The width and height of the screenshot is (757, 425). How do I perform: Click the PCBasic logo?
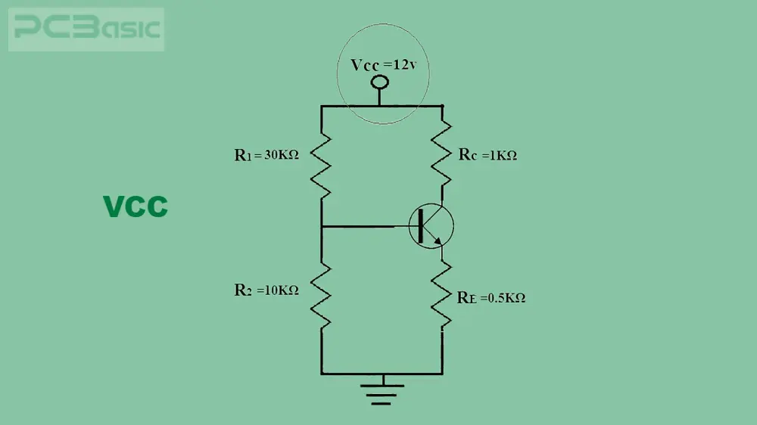(86, 29)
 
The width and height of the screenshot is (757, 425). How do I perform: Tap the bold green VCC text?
(136, 206)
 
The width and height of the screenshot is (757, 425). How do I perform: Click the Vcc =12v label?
(383, 64)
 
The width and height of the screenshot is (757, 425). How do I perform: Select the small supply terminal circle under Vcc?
(379, 82)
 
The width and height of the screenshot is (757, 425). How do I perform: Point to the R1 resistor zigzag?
(320, 166)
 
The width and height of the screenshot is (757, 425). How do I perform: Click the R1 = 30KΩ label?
(266, 155)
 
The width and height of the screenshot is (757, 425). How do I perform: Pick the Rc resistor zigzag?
(441, 154)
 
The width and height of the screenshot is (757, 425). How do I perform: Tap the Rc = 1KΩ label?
(488, 155)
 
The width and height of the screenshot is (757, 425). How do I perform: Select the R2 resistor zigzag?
(320, 296)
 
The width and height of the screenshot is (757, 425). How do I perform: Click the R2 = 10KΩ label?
(266, 290)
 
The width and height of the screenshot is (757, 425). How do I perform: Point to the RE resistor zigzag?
(441, 295)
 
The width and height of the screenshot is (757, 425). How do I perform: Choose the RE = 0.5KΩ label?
(491, 298)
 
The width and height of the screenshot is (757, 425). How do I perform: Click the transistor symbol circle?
(431, 203)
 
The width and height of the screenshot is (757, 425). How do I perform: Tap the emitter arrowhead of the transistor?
(438, 240)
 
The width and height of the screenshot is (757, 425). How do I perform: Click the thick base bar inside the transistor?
(420, 226)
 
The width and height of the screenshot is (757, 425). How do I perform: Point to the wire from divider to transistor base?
(365, 226)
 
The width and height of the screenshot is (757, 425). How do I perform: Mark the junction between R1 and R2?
(322, 226)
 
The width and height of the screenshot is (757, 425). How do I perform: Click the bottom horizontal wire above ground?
(382, 374)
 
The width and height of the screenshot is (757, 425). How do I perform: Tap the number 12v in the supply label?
(405, 64)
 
